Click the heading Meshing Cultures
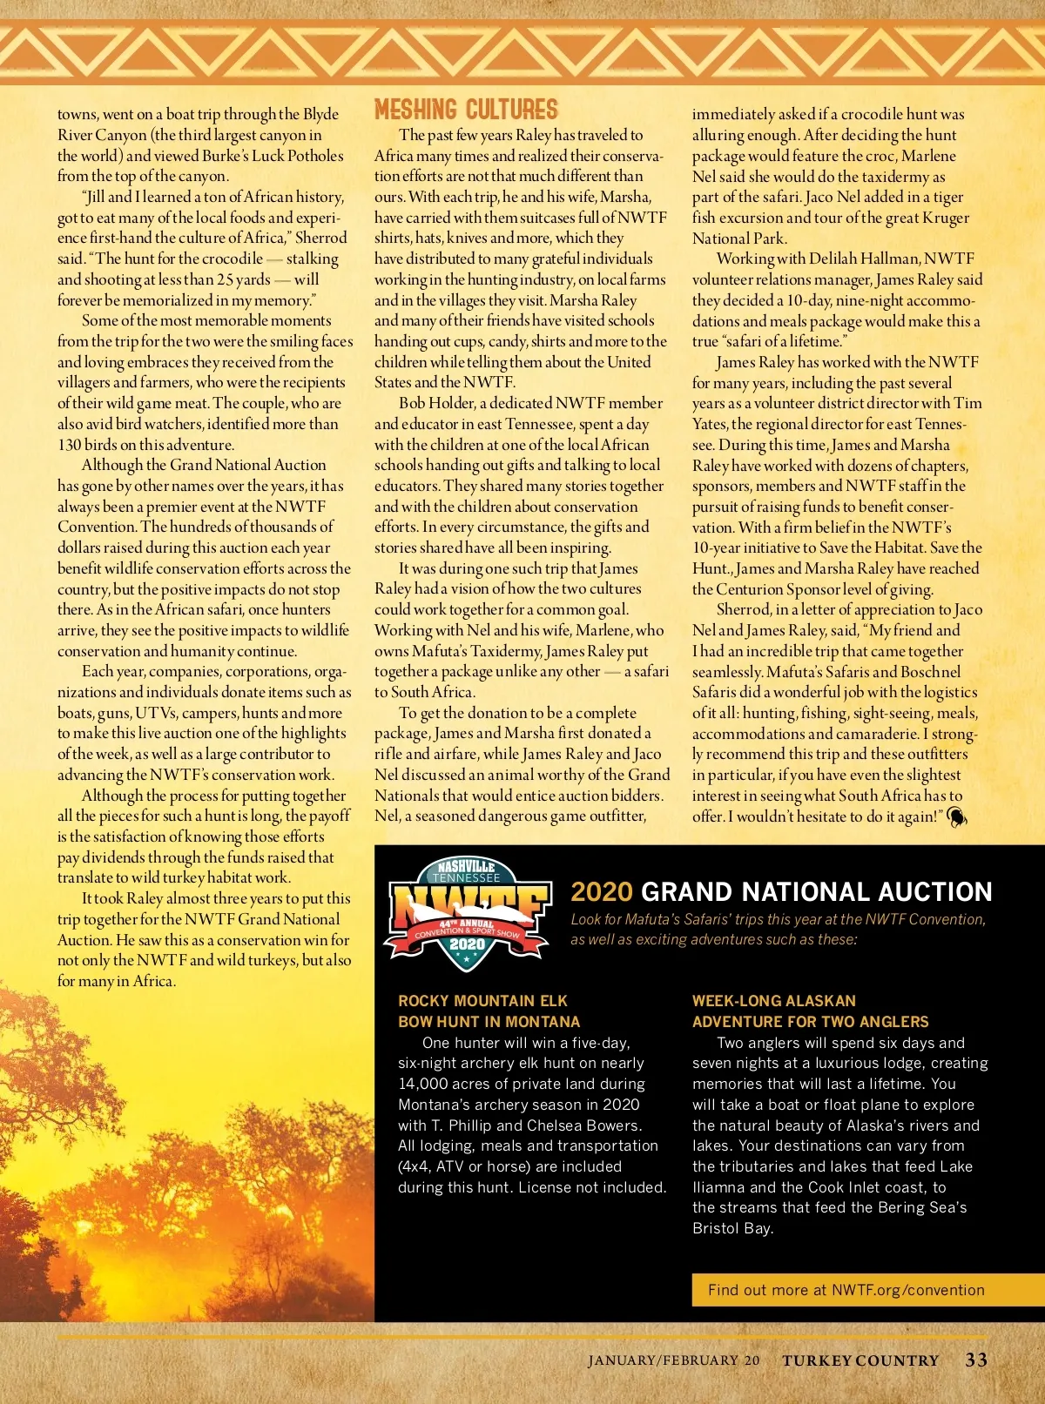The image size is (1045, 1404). point(466,110)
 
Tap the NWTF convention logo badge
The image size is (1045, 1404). point(468,913)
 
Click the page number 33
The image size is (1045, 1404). point(976,1360)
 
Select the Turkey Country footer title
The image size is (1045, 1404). point(860,1360)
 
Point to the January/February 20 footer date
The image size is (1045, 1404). point(673,1360)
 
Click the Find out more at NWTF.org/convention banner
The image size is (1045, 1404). point(846,1290)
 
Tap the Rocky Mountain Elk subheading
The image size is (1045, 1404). point(483,1001)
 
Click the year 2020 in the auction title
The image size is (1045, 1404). point(601,892)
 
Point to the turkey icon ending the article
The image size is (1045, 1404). point(956,816)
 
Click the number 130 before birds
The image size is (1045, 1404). point(70,445)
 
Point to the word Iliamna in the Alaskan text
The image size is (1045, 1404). point(719,1187)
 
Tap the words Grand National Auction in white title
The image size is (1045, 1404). point(816,892)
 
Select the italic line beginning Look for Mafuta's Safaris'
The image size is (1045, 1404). point(778,919)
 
